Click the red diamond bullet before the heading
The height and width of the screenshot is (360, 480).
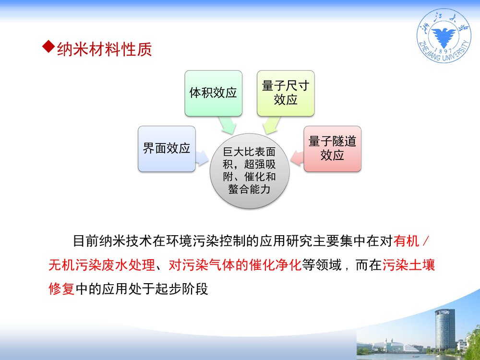[x=48, y=47]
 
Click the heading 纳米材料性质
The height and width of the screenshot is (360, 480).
[x=104, y=49]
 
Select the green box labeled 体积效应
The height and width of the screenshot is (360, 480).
[x=213, y=93]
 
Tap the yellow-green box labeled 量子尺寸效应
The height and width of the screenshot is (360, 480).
[x=285, y=93]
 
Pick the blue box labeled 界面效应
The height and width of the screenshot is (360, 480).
[x=167, y=149]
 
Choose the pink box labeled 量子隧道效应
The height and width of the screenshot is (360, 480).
[x=332, y=149]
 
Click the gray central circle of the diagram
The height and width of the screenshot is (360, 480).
[x=250, y=171]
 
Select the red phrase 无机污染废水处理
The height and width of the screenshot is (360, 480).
[x=101, y=265]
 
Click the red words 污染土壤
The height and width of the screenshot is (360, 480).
[x=408, y=265]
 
